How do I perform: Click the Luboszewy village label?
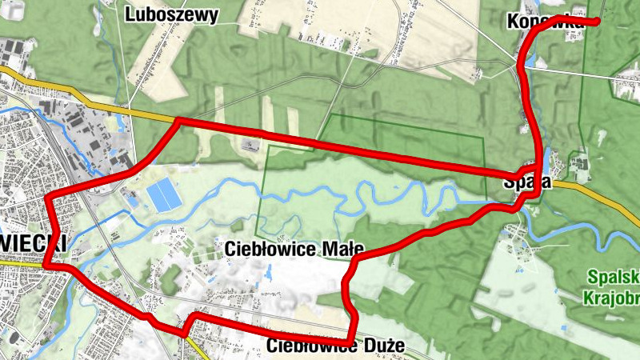[172, 15]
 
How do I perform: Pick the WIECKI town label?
[32, 243]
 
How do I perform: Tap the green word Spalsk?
[613, 278]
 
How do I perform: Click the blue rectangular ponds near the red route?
[164, 194]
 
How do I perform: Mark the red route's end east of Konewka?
[598, 22]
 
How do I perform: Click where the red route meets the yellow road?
[177, 121]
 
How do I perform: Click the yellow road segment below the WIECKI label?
[20, 261]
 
